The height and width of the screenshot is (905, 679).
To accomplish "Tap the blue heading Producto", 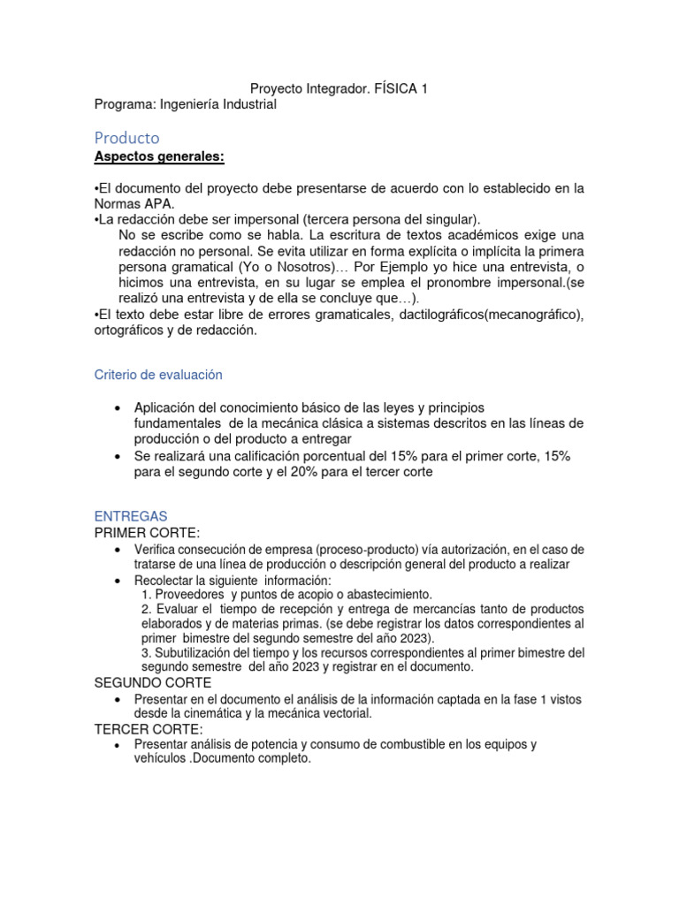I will coord(126,138).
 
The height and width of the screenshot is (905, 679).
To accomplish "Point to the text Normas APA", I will coord(133,202).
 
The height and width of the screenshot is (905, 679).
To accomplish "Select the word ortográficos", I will coord(131,330).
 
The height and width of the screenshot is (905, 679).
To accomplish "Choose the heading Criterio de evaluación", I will coord(158,375).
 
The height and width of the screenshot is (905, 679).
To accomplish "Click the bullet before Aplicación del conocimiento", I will coord(118,407).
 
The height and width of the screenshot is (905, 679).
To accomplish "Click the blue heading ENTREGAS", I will coord(130,516).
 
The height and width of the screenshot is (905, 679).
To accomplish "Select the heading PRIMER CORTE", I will coord(147,532).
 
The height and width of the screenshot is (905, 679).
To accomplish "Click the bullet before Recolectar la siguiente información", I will coord(118,581).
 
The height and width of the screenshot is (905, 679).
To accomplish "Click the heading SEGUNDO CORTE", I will coord(153,683).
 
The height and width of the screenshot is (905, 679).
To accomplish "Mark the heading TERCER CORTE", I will coord(149,729).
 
